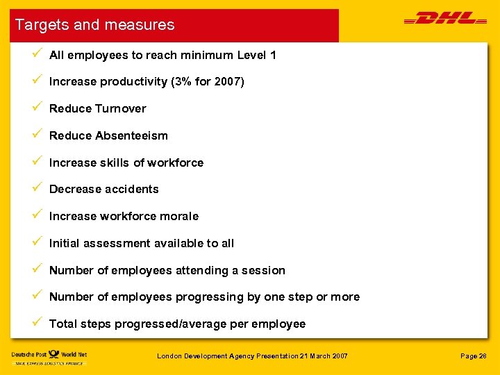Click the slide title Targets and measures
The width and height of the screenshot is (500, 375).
95,25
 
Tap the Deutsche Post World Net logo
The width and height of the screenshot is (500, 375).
49,357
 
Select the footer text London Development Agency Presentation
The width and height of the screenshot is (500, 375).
228,356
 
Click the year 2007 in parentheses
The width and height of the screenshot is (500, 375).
228,81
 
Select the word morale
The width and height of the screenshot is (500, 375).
179,216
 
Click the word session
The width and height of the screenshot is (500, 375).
263,270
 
